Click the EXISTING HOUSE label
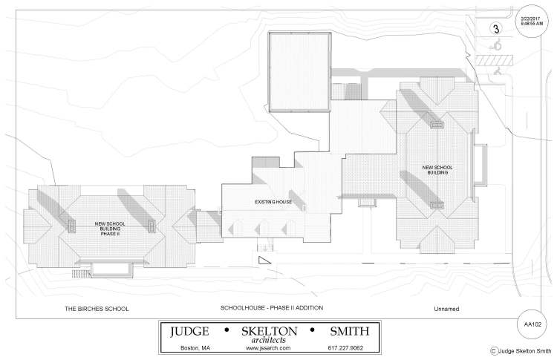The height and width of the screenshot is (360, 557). point(273,202)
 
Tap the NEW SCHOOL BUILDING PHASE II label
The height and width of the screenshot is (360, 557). point(110,229)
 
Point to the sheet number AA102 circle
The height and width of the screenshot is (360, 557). point(532,324)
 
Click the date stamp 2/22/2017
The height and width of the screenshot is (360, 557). point(532,19)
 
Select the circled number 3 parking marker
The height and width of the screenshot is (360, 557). point(496,28)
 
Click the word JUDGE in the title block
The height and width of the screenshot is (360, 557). point(189,331)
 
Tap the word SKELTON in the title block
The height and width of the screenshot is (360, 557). point(270,331)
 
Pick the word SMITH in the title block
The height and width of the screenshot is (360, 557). point(350,331)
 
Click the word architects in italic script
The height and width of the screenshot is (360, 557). point(269,340)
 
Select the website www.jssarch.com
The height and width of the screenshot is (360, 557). point(268,348)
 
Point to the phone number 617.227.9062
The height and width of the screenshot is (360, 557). point(345,348)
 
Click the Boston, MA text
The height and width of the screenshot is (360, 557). point(195,348)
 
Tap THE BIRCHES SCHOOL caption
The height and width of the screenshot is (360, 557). point(97,309)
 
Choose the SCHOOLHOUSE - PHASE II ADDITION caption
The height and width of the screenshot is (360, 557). point(272,308)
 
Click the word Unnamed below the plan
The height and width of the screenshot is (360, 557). point(446,309)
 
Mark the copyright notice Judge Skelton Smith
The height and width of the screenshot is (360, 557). point(521,351)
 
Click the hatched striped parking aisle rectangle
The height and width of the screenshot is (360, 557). point(494,60)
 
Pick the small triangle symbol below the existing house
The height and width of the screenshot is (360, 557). point(264,261)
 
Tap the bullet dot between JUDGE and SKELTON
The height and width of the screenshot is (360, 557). point(227,330)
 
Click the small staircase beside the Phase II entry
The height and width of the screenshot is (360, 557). point(82,274)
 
